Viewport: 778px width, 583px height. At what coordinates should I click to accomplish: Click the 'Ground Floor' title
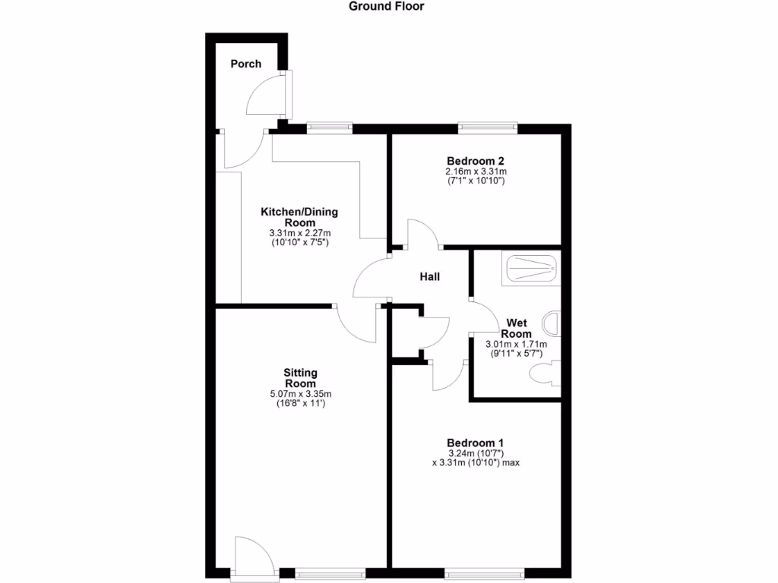tap(386, 7)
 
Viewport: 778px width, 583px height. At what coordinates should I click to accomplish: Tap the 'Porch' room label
tap(246, 64)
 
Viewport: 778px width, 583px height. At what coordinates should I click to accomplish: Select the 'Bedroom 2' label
tap(476, 161)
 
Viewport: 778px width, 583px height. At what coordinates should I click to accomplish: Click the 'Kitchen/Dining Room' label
tap(299, 217)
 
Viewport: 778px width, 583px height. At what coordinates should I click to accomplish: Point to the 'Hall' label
tap(430, 278)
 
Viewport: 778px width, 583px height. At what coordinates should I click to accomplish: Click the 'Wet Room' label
tap(517, 329)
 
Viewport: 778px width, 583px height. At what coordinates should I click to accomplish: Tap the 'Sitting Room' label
tap(300, 378)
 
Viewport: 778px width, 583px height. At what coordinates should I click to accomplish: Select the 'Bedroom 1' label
tap(476, 443)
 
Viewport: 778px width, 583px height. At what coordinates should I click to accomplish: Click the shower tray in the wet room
tap(531, 268)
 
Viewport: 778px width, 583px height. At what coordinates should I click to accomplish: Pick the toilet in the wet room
tap(545, 373)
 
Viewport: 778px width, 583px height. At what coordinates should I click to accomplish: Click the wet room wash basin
tap(553, 323)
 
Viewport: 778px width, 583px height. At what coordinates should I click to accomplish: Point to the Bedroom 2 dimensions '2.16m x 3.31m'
tap(476, 172)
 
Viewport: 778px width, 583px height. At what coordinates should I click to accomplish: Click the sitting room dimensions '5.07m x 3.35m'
tap(300, 394)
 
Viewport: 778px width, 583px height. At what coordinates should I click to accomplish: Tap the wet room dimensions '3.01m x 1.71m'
tap(517, 345)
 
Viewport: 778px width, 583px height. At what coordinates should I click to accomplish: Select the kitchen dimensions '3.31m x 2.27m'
tap(299, 234)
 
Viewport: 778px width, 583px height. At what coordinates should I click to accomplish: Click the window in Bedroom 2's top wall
tap(487, 128)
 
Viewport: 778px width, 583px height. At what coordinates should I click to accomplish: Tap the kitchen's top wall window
tap(329, 128)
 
